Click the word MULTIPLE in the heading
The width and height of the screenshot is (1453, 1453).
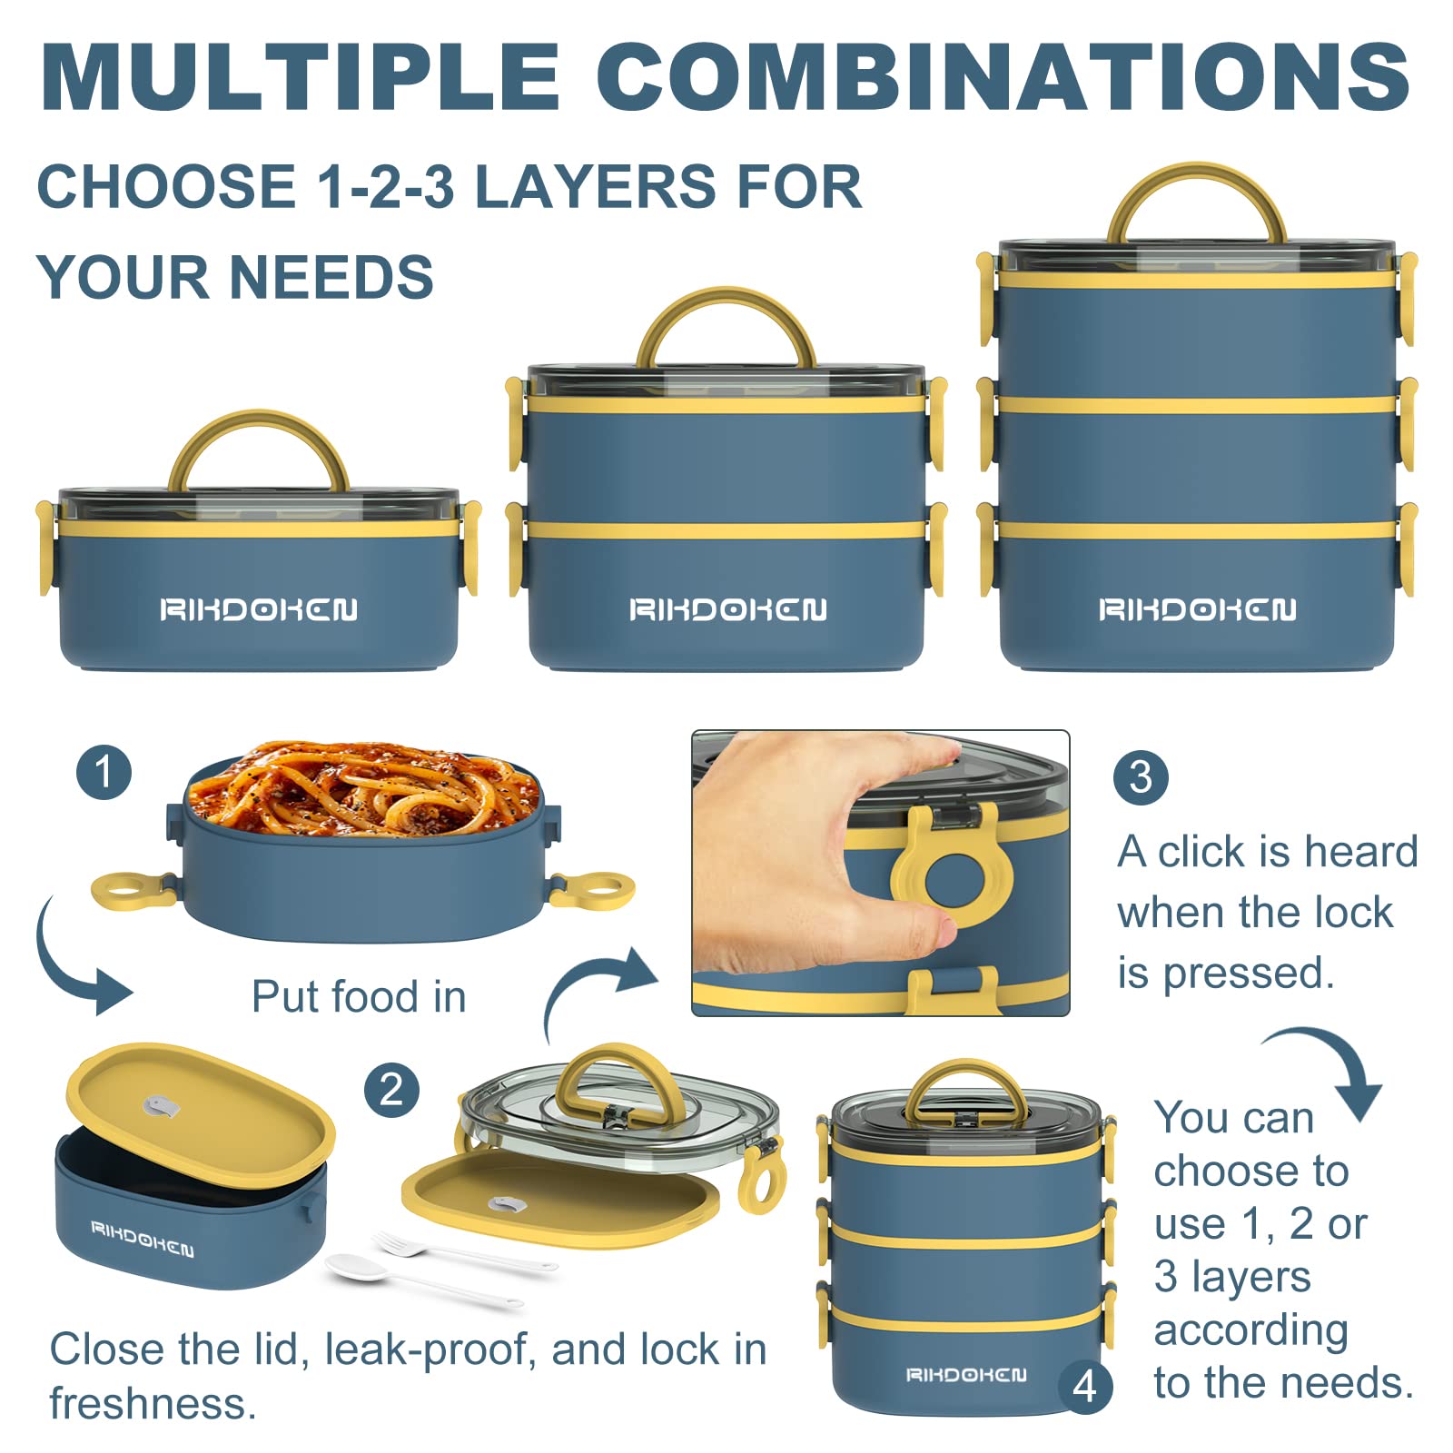point(301,76)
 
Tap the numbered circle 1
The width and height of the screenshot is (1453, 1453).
point(104,772)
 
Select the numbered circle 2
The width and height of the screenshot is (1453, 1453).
point(391,1090)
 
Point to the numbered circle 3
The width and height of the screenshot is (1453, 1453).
point(1141,777)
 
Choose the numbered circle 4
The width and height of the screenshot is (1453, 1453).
point(1086,1387)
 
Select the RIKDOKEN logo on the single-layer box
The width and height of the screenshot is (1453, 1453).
point(259,609)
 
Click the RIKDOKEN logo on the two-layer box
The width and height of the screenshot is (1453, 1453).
point(728,609)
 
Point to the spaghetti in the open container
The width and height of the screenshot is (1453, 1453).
point(363,786)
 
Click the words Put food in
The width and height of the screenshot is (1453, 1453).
point(359,996)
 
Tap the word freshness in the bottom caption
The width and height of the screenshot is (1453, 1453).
point(153,1404)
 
